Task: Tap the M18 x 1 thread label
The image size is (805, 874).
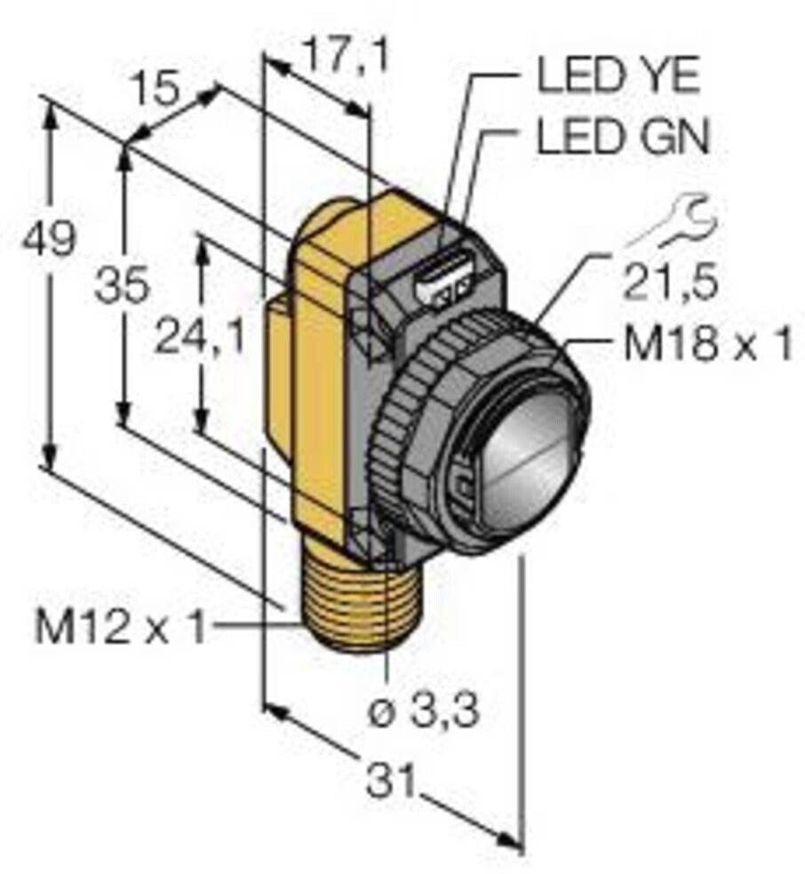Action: click(707, 346)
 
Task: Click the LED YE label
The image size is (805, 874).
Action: click(618, 77)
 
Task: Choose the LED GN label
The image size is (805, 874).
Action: click(623, 138)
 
